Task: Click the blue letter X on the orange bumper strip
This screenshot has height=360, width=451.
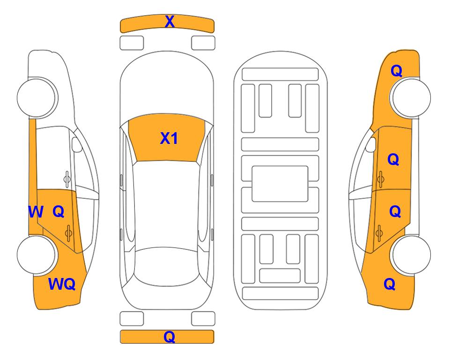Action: [x=170, y=21]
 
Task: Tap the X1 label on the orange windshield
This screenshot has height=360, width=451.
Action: [x=169, y=138]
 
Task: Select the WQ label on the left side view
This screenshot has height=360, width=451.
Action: [x=62, y=284]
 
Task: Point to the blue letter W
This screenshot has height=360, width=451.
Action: [x=36, y=212]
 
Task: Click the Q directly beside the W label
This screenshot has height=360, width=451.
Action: [x=59, y=212]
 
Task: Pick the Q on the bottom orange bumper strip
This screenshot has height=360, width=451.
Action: [x=170, y=337]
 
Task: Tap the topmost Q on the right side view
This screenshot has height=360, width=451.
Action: [x=396, y=71]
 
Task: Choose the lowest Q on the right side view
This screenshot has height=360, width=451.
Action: [x=390, y=284]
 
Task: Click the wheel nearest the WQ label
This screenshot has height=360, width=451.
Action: [x=37, y=255]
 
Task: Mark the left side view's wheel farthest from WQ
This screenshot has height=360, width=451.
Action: [x=37, y=97]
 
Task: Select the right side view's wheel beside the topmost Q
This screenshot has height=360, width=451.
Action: [x=411, y=97]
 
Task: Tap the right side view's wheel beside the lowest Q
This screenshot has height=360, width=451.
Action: [x=411, y=255]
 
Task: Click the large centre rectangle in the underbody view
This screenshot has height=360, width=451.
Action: [x=280, y=184]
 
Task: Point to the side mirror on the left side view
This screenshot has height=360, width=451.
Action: [x=77, y=144]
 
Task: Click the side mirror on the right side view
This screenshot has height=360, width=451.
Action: [x=370, y=144]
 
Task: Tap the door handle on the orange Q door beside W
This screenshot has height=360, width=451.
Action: [x=68, y=233]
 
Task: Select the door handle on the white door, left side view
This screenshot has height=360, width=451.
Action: [x=67, y=180]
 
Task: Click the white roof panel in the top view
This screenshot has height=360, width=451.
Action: [x=167, y=205]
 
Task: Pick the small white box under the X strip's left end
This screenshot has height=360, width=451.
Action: [x=132, y=43]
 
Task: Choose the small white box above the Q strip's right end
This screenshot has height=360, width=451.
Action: [x=203, y=319]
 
